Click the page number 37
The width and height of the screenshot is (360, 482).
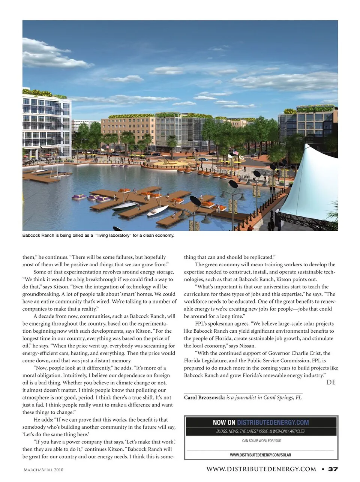pyautogui.click(x=333, y=469)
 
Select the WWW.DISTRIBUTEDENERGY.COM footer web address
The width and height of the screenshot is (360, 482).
pyautogui.click(x=261, y=469)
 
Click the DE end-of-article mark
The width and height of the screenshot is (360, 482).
pyautogui.click(x=331, y=382)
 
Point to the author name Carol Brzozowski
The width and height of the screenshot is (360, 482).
pyautogui.click(x=204, y=398)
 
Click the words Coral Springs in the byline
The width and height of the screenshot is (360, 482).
pyautogui.click(x=278, y=398)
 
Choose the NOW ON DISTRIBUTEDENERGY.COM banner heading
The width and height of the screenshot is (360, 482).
pyautogui.click(x=261, y=422)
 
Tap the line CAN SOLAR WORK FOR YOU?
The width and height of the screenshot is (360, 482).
pyautogui.click(x=261, y=441)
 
